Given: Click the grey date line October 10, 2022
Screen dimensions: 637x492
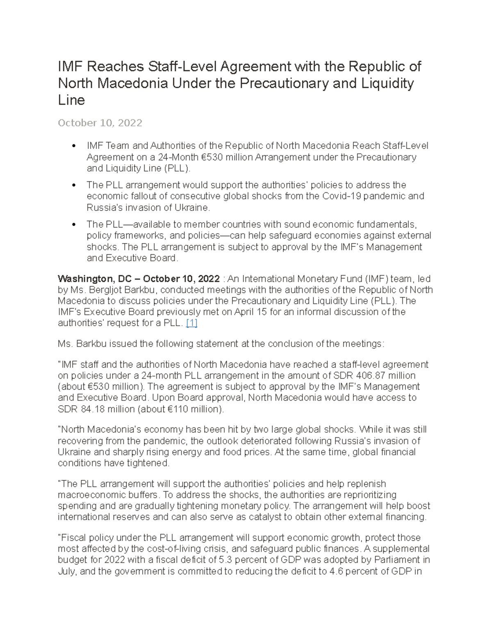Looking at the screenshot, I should pos(100,123).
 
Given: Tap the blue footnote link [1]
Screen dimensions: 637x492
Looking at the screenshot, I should pos(191,323).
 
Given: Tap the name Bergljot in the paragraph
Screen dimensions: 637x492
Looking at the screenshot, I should pos(103,290).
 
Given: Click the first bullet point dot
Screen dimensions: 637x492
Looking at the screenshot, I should pos(74,146).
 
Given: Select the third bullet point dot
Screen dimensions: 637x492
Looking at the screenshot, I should pos(74,225).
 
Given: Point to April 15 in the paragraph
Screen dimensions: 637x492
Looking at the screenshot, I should pos(248,312).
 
